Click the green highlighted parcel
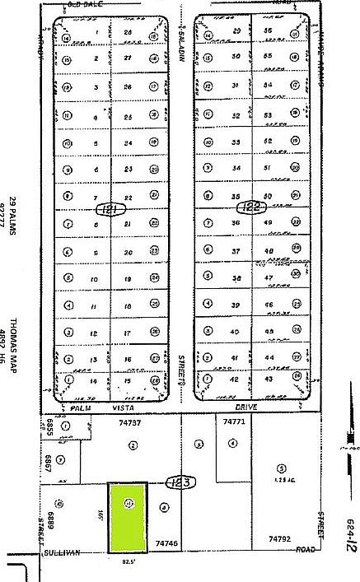pos(128,517)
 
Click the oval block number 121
pos(106,210)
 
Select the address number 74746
pos(167,543)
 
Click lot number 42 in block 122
pos(236,379)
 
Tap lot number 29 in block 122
pos(236,31)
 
